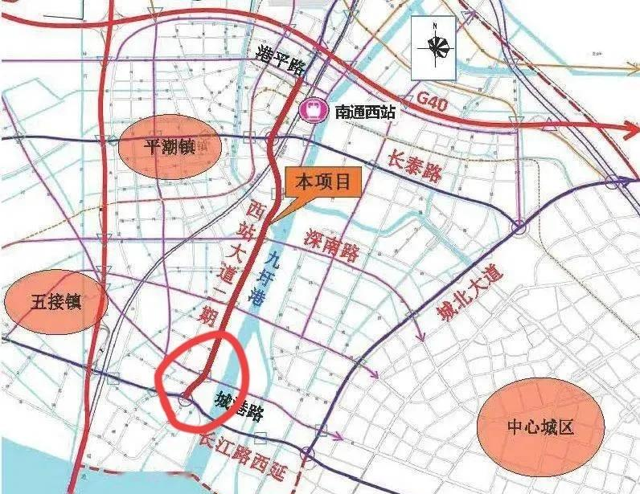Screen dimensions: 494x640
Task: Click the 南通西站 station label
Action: [x=366, y=112]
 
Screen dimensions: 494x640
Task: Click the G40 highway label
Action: [x=433, y=100]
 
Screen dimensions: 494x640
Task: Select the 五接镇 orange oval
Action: [x=56, y=301]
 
